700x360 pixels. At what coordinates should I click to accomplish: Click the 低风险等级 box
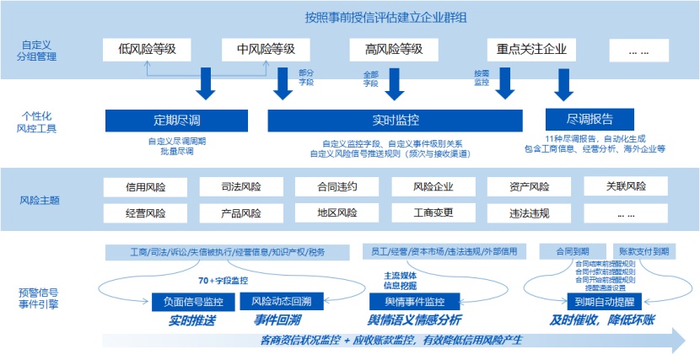pos(148,50)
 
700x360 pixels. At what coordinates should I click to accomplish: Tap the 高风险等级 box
pos(386,50)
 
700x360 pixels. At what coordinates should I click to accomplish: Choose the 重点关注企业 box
pos(530,50)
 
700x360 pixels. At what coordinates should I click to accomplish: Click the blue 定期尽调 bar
pos(176,120)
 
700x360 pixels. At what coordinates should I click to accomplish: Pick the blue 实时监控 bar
pos(395,120)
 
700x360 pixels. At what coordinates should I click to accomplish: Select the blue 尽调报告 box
pos(590,119)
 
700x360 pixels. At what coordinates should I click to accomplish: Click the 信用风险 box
pos(146,187)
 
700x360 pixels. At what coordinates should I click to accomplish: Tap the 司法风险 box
pos(241,187)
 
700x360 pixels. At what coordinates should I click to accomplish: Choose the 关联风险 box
pos(626,186)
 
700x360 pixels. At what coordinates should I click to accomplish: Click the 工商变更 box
pos(433,213)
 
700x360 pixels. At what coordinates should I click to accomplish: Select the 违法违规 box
pos(530,213)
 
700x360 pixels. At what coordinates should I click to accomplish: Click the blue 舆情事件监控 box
pos(414,301)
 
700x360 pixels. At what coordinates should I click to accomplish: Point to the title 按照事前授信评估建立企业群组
pos(387,17)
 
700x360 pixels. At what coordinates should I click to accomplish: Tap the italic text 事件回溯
pos(277,320)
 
